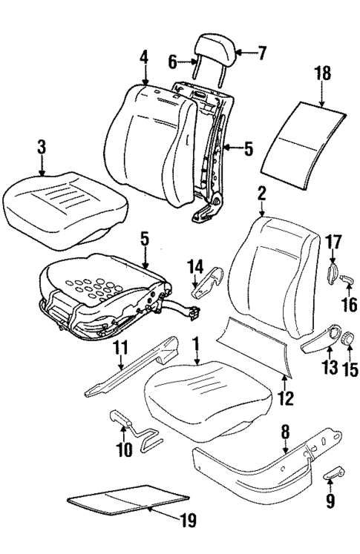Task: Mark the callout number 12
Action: (286, 399)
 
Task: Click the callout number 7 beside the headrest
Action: (261, 52)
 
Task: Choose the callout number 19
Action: (189, 521)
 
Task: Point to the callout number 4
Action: (144, 56)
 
